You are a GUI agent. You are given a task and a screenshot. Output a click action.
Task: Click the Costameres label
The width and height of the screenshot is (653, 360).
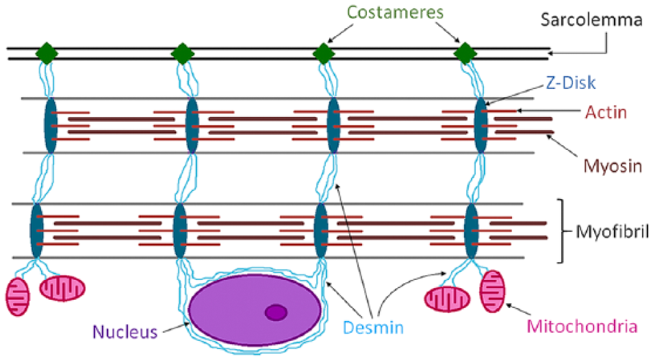[x=395, y=12]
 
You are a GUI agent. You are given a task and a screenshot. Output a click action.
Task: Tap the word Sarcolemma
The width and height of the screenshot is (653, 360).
[x=591, y=20]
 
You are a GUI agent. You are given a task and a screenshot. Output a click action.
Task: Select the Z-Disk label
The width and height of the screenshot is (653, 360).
[x=571, y=83]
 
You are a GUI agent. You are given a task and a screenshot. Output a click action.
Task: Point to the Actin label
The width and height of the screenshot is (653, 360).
[x=606, y=112]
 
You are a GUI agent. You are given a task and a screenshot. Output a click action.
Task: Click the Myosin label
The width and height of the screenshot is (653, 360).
[x=613, y=166]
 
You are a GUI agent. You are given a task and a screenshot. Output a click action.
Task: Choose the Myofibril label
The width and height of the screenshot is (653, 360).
[x=612, y=232]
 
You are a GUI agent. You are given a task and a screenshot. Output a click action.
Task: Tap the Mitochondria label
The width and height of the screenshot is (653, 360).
[x=582, y=326]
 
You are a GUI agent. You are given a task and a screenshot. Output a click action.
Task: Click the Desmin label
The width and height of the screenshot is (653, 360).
[x=373, y=328]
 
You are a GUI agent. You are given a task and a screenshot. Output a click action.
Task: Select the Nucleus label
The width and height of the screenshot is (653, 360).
[x=125, y=332]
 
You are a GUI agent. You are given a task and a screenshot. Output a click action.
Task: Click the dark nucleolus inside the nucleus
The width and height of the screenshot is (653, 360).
[x=276, y=312]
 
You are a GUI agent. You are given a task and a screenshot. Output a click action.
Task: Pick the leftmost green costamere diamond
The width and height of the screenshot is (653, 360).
[x=47, y=53]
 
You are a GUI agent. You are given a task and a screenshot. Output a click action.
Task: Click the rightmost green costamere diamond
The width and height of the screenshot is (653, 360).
[x=465, y=53]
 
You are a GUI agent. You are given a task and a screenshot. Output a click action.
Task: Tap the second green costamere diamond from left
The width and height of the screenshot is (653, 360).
[x=182, y=53]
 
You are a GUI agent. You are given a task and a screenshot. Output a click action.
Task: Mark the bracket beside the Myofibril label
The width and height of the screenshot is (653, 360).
[x=562, y=231]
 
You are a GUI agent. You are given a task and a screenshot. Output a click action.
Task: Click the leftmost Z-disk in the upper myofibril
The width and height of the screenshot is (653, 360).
[x=51, y=125]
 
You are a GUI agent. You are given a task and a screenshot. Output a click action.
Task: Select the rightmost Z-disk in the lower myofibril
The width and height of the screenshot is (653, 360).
[x=471, y=231]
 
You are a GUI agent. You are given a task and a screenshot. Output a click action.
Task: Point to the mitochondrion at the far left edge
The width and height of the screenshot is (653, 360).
[x=18, y=297]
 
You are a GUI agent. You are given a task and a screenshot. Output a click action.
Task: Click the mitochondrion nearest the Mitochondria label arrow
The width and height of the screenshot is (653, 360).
[x=493, y=292]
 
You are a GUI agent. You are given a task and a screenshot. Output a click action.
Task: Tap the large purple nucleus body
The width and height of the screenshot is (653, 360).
[x=255, y=310]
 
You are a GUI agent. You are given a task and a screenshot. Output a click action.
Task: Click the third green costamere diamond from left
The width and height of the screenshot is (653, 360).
[x=324, y=53]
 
